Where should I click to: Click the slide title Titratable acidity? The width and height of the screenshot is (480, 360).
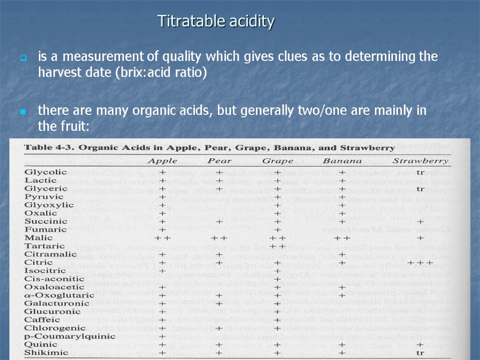point(216,22)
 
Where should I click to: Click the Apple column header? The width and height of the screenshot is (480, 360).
point(162,161)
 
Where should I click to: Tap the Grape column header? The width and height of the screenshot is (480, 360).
point(277,161)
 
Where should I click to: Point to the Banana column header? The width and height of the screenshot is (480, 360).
point(342,161)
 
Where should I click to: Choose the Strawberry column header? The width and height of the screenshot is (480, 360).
point(420,161)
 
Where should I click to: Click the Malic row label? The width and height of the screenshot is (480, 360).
point(35,238)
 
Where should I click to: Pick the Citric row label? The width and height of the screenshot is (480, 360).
point(36,262)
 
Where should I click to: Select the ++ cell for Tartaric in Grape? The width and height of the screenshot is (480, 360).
point(277,246)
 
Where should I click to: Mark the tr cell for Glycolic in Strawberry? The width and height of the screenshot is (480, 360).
point(420,172)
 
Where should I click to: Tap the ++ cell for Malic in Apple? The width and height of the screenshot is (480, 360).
point(162,238)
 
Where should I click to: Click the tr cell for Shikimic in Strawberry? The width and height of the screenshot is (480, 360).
point(420,352)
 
